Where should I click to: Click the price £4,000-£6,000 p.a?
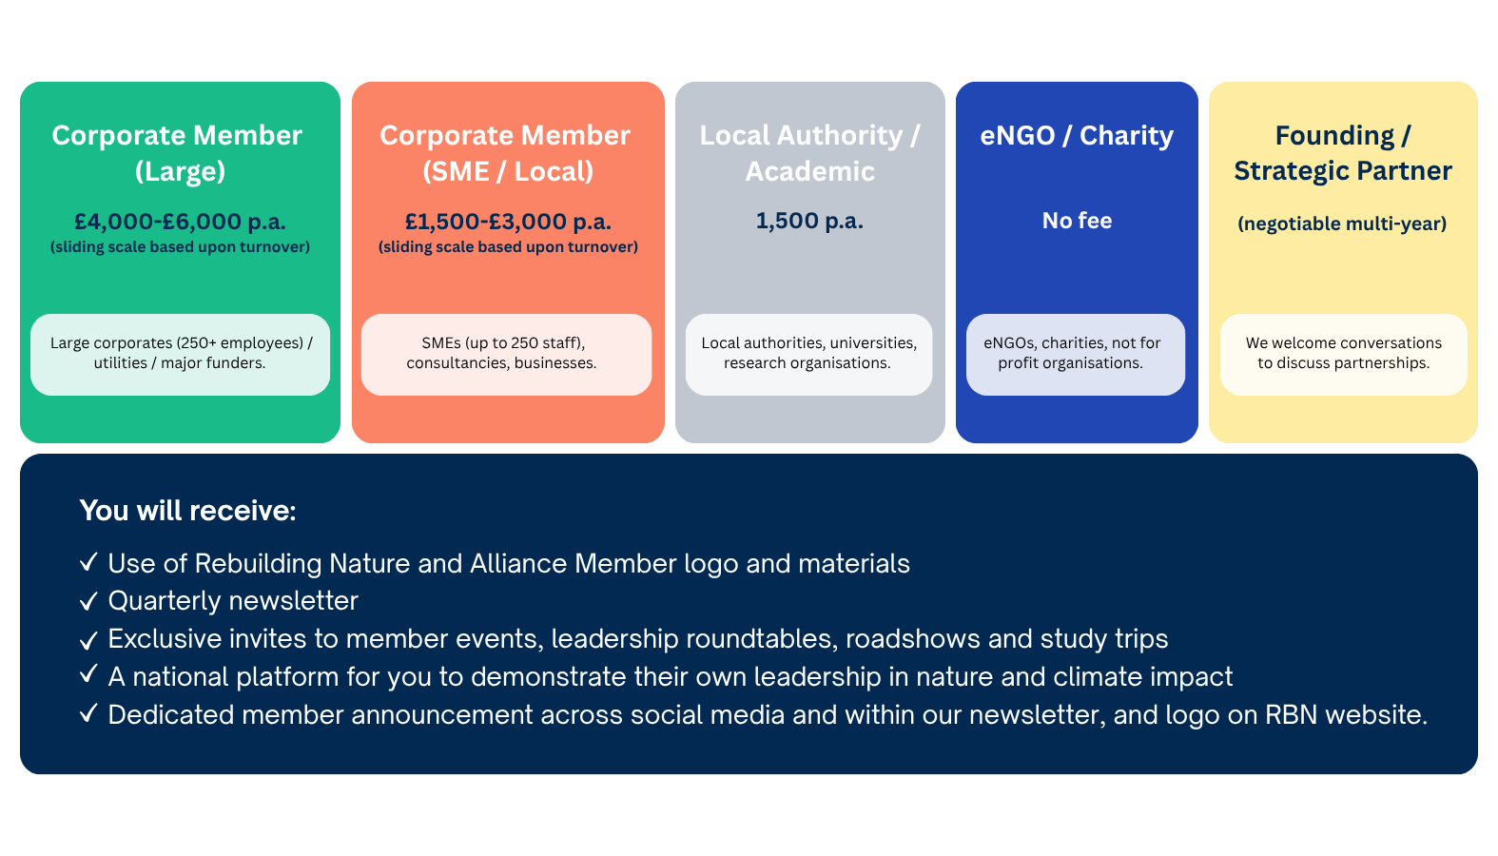pyautogui.click(x=180, y=222)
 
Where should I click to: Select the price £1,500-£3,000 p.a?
pyautogui.click(x=508, y=222)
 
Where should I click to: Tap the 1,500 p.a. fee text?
pyautogui.click(x=809, y=221)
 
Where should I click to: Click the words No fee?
pyautogui.click(x=1077, y=221)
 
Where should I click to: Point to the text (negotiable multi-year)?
pyautogui.click(x=1342, y=224)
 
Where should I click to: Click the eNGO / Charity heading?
pyautogui.click(x=1077, y=136)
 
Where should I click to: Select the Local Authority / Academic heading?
pyautogui.click(x=809, y=153)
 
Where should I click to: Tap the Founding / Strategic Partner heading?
pyautogui.click(x=1343, y=153)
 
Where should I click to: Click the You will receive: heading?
pyautogui.click(x=188, y=511)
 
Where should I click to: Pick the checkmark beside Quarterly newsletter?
pyautogui.click(x=88, y=601)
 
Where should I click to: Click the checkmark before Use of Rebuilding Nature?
pyautogui.click(x=88, y=562)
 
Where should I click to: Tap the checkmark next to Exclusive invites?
pyautogui.click(x=88, y=641)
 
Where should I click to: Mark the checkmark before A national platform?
pyautogui.click(x=88, y=673)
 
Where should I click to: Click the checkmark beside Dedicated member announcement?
pyautogui.click(x=88, y=713)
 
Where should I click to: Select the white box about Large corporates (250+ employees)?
pyautogui.click(x=180, y=355)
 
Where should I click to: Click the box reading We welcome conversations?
pyautogui.click(x=1344, y=355)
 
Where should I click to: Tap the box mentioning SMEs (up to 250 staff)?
pyautogui.click(x=506, y=355)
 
